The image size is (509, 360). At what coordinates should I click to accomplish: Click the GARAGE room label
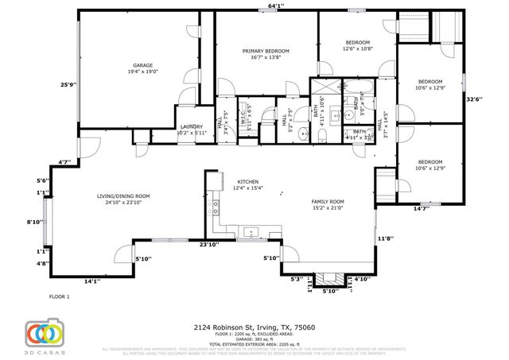[x=142, y=65]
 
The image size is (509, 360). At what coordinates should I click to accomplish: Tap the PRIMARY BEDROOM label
[x=266, y=51]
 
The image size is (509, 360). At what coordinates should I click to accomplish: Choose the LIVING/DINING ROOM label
[x=123, y=196]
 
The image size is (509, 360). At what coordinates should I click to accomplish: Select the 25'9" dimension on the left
[x=68, y=85]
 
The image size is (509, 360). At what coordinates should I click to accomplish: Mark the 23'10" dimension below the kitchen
[x=209, y=245]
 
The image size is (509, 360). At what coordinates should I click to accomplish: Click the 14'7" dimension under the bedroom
[x=420, y=208]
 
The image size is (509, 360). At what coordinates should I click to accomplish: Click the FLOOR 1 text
[x=60, y=296]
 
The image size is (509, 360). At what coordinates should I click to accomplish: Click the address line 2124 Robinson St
[x=254, y=327]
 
